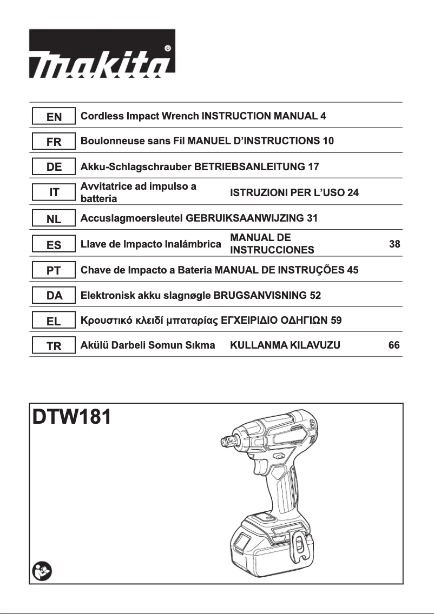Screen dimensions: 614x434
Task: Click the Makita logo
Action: (x=102, y=54)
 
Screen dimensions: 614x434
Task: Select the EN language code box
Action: (x=54, y=117)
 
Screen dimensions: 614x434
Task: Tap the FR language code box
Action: (x=54, y=142)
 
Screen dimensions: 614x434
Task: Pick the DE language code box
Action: (x=54, y=168)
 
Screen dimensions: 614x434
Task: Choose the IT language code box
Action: (x=54, y=192)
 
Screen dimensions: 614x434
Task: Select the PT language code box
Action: (x=54, y=271)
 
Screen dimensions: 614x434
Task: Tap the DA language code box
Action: (x=54, y=296)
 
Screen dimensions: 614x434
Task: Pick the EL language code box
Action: (x=54, y=321)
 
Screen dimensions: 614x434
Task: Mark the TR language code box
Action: (x=54, y=346)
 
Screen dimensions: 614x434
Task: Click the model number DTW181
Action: (x=72, y=418)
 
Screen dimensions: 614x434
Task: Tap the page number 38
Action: (x=394, y=244)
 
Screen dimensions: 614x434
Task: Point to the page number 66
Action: (x=394, y=345)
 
